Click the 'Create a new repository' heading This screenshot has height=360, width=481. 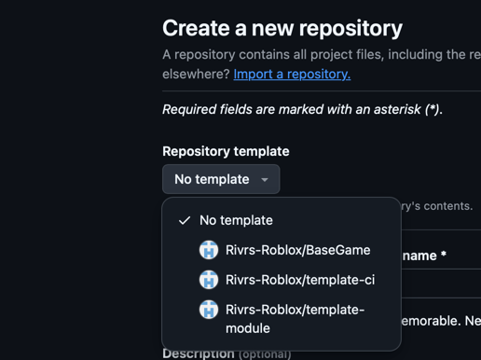click(x=282, y=28)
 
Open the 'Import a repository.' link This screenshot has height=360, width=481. click(x=292, y=74)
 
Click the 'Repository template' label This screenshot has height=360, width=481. click(x=226, y=151)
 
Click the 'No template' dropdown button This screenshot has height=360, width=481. click(x=221, y=179)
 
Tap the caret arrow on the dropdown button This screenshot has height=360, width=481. click(x=265, y=180)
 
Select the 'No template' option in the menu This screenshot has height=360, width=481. click(x=236, y=220)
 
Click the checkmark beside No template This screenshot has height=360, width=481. click(x=185, y=221)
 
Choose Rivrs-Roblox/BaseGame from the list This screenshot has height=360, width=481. click(x=297, y=250)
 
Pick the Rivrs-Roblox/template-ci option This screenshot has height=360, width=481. click(x=299, y=280)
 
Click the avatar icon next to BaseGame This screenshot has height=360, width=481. click(x=209, y=250)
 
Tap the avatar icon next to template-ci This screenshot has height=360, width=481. click(x=209, y=280)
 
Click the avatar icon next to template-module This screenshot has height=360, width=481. click(x=209, y=310)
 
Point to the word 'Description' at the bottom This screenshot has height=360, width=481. click(x=199, y=353)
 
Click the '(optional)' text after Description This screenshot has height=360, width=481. click(x=265, y=354)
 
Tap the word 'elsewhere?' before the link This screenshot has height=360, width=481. click(x=195, y=74)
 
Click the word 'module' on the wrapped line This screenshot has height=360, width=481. click(x=248, y=328)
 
